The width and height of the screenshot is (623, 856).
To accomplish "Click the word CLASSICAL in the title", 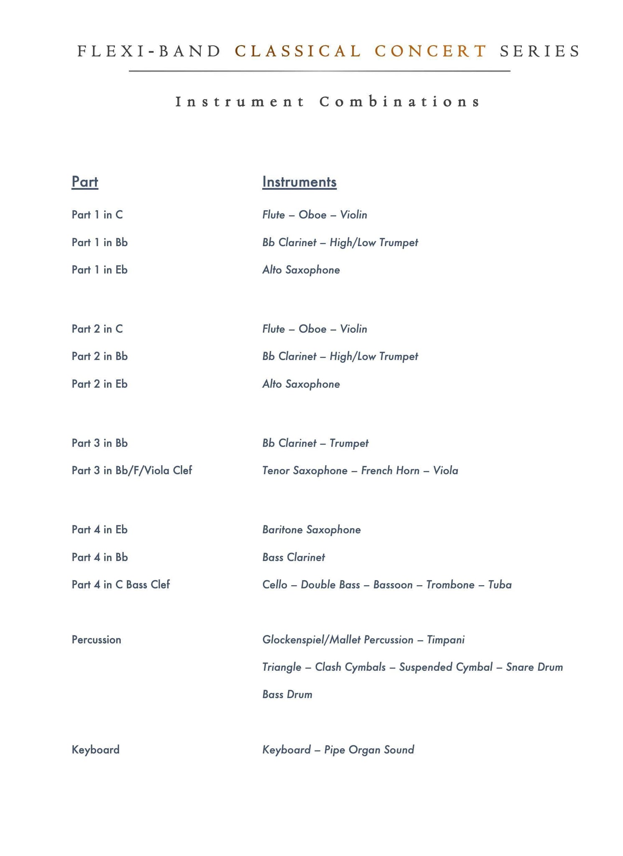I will tap(298, 51).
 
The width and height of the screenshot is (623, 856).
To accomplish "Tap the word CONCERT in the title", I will tap(431, 51).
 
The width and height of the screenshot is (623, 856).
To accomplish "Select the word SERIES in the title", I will tap(540, 51).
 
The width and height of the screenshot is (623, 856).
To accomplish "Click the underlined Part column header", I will tap(85, 182).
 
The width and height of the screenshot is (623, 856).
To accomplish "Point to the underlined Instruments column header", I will tap(299, 182).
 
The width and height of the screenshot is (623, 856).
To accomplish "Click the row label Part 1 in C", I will tap(97, 215).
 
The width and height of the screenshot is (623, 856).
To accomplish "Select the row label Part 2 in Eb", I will tap(100, 384).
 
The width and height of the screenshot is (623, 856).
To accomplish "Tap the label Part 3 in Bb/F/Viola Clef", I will tap(132, 471).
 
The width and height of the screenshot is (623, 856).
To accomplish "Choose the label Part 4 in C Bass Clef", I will tap(121, 585).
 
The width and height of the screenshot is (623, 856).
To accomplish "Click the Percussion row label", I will tap(97, 640).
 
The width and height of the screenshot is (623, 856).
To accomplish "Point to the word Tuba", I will tap(500, 585).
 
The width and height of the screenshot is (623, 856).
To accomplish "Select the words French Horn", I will tap(390, 471).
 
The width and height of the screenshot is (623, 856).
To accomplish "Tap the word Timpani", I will tap(446, 640).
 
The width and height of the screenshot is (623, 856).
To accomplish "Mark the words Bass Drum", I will tap(287, 695).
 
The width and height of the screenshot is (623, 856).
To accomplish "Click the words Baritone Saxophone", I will tap(311, 530).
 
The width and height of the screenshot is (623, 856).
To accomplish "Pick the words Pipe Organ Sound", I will tap(369, 750).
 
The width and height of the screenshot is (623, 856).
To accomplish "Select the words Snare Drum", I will tap(534, 667).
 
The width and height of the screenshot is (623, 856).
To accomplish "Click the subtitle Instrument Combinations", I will tap(328, 102).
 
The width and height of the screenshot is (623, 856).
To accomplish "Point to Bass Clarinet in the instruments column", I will tap(294, 558).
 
